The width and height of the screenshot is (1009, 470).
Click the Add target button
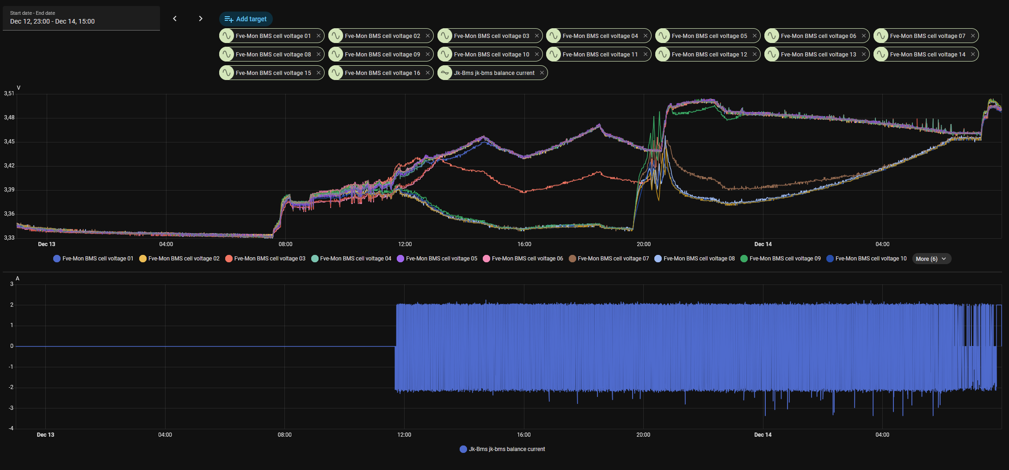tap(246, 19)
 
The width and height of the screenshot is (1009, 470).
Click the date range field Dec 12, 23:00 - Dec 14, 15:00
tap(81, 19)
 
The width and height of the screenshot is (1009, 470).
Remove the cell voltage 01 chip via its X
tap(319, 36)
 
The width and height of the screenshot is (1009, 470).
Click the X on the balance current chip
tap(542, 73)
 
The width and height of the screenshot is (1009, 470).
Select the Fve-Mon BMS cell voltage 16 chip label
tap(382, 73)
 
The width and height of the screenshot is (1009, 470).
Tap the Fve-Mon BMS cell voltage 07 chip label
tap(927, 36)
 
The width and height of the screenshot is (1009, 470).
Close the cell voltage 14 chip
tap(973, 54)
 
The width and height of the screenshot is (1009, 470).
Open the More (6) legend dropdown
tap(931, 259)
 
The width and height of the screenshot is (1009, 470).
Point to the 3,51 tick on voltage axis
tap(9, 93)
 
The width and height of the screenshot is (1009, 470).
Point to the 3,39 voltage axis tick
tap(9, 190)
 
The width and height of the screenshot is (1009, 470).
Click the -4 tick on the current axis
tap(11, 428)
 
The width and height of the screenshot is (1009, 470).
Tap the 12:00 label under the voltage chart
tap(405, 244)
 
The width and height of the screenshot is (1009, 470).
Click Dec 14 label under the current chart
tap(763, 435)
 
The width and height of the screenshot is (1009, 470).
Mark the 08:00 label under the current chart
tap(285, 435)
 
